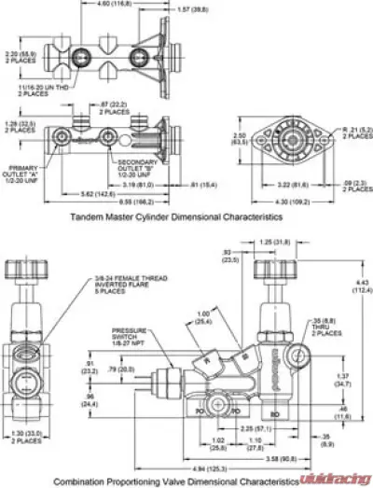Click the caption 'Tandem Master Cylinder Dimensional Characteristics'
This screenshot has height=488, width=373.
[175, 216]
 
